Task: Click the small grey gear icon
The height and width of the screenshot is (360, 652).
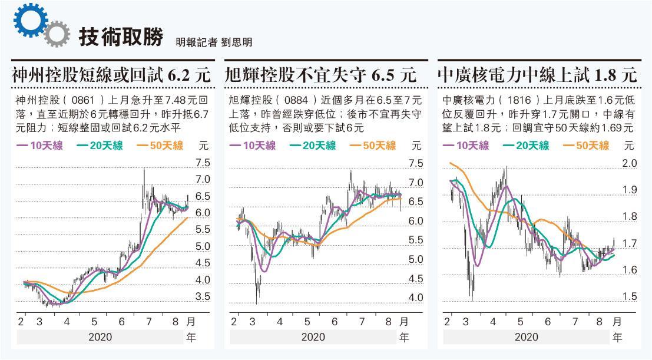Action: coord(54,34)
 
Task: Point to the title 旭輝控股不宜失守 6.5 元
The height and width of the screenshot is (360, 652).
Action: coord(321,75)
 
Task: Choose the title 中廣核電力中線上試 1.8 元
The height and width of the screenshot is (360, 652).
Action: coord(537,75)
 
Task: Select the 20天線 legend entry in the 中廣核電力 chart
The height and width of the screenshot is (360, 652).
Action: coord(525,146)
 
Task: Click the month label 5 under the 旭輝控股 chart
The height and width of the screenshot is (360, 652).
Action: coord(307,322)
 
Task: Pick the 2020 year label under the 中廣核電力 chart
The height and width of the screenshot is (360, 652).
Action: coord(526,338)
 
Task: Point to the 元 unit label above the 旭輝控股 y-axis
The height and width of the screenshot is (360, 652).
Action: coord(416,145)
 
